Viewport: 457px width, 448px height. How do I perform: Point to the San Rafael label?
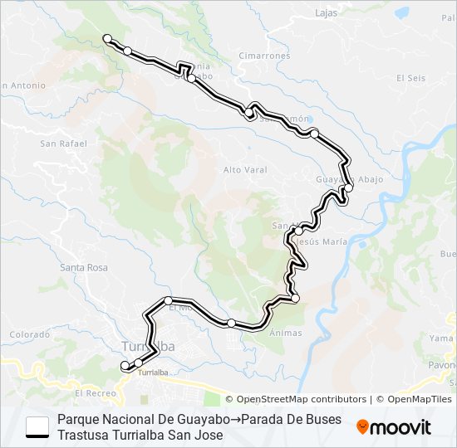(x=63, y=144)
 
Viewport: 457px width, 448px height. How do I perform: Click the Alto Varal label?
(x=243, y=170)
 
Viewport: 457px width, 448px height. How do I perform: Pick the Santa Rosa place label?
(x=84, y=267)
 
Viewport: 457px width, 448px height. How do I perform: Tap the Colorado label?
(x=30, y=334)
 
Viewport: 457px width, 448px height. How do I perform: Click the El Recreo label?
(x=94, y=392)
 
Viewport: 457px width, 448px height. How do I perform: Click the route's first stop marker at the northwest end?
(x=106, y=37)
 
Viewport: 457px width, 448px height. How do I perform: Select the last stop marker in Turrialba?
(x=125, y=365)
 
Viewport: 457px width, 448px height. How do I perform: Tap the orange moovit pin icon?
(x=363, y=427)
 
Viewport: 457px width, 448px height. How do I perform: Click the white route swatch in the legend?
(x=37, y=426)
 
